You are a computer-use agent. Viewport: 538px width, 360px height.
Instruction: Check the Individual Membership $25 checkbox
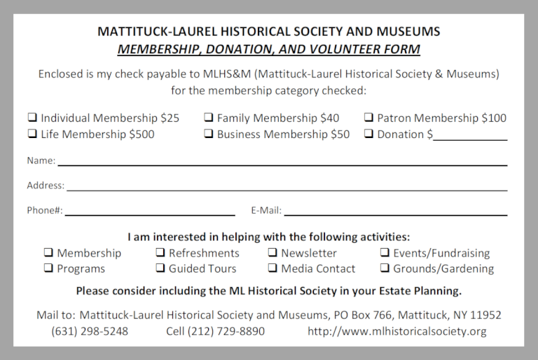(32, 118)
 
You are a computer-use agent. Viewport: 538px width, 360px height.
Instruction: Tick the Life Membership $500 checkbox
(32, 134)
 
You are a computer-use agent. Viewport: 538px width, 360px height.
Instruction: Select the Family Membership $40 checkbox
(209, 118)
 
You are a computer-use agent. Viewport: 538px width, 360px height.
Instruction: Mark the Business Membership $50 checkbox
(209, 134)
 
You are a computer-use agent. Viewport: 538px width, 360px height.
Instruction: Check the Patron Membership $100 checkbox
(368, 118)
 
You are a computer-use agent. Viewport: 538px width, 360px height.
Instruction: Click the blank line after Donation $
(469, 135)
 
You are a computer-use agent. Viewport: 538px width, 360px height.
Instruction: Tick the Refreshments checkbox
(160, 253)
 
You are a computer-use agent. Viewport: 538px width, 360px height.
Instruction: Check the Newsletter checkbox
(273, 253)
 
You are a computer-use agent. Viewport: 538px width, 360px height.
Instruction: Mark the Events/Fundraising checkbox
(385, 253)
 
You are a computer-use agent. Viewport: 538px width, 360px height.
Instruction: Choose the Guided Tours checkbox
(160, 268)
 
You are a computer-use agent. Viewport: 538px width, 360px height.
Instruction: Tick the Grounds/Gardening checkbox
(385, 268)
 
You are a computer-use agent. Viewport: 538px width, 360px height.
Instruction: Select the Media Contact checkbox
(273, 268)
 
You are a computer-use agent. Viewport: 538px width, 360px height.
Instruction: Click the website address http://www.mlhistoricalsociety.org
(396, 331)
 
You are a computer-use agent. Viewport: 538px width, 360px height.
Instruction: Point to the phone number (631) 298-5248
(90, 331)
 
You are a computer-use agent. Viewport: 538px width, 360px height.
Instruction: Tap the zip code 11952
(484, 315)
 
